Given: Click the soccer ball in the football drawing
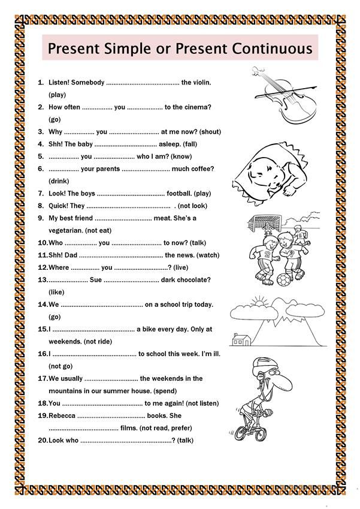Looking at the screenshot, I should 282,279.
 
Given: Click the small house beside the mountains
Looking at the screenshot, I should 240,340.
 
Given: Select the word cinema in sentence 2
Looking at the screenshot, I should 197,107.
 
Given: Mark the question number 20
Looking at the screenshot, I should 43,441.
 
